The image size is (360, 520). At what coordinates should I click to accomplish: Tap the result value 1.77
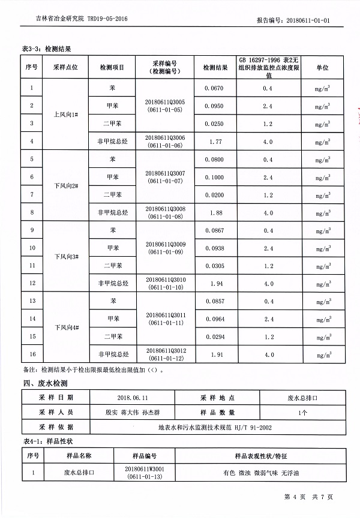tap(214, 142)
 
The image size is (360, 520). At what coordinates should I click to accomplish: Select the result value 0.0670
tap(214, 88)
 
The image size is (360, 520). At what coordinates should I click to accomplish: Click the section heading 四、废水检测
tap(45, 383)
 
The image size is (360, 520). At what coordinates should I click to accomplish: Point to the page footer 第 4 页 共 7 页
tap(308, 497)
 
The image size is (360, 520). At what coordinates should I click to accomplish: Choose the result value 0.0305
tap(214, 265)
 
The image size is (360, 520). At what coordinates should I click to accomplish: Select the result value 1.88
tap(214, 212)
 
